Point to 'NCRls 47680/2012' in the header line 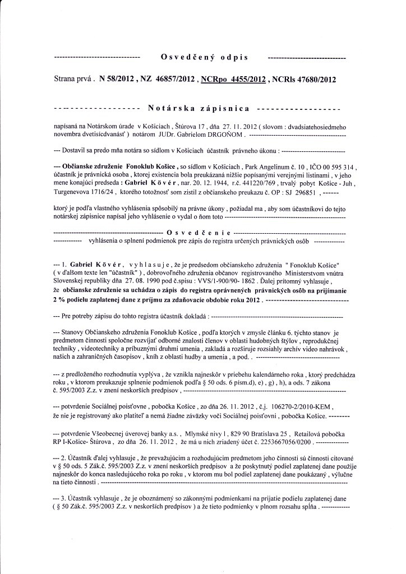(x=303, y=80)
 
